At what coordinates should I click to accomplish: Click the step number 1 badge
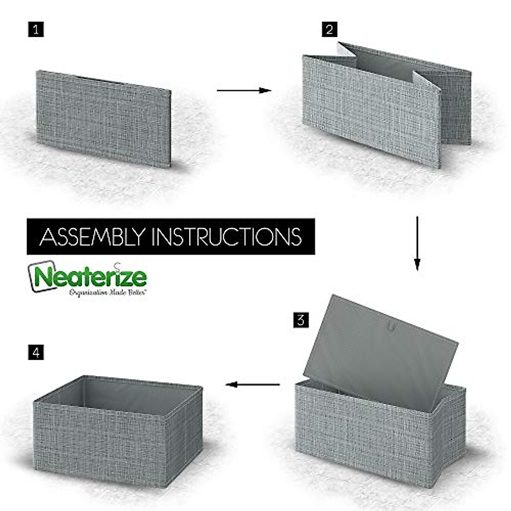click(x=36, y=30)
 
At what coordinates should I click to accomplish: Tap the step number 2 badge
click(x=329, y=29)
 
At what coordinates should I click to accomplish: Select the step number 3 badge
click(x=301, y=320)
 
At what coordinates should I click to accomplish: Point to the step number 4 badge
click(x=36, y=353)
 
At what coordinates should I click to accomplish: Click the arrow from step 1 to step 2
click(x=244, y=90)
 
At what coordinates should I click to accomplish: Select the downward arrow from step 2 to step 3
click(x=417, y=243)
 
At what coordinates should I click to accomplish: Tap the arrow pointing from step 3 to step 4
click(x=252, y=385)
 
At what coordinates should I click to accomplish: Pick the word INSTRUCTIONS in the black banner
click(x=227, y=237)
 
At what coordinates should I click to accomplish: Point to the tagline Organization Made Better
click(x=108, y=293)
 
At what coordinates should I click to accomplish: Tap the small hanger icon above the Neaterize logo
click(x=118, y=265)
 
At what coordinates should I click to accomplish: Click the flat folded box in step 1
click(x=103, y=118)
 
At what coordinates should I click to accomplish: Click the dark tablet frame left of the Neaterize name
click(x=32, y=277)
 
